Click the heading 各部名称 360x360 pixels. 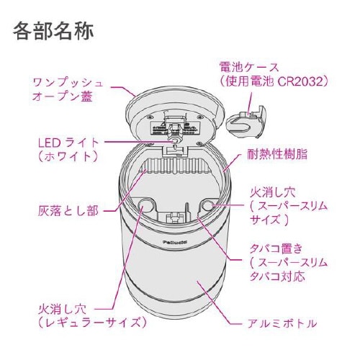point(53,32)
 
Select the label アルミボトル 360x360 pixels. point(282,323)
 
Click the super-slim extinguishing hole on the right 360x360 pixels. point(209,207)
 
